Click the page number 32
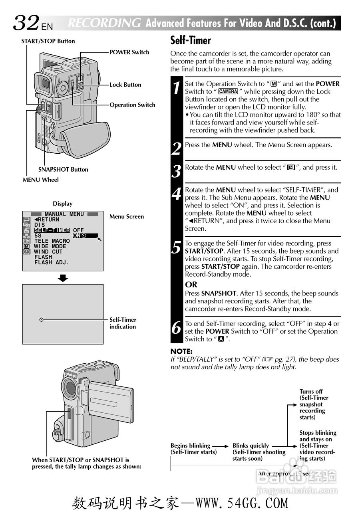[26, 23]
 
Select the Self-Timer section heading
[191, 41]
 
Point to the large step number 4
[177, 194]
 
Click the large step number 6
[177, 328]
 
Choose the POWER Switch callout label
[129, 52]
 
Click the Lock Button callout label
[125, 85]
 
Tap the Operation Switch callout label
[132, 105]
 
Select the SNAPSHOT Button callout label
[63, 169]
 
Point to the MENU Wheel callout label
[40, 180]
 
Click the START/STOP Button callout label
[48, 41]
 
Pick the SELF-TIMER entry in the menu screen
[52, 230]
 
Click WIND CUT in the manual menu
[48, 252]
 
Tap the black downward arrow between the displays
[63, 278]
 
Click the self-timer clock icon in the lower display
[42, 320]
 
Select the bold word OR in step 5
[191, 285]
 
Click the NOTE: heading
[181, 352]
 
